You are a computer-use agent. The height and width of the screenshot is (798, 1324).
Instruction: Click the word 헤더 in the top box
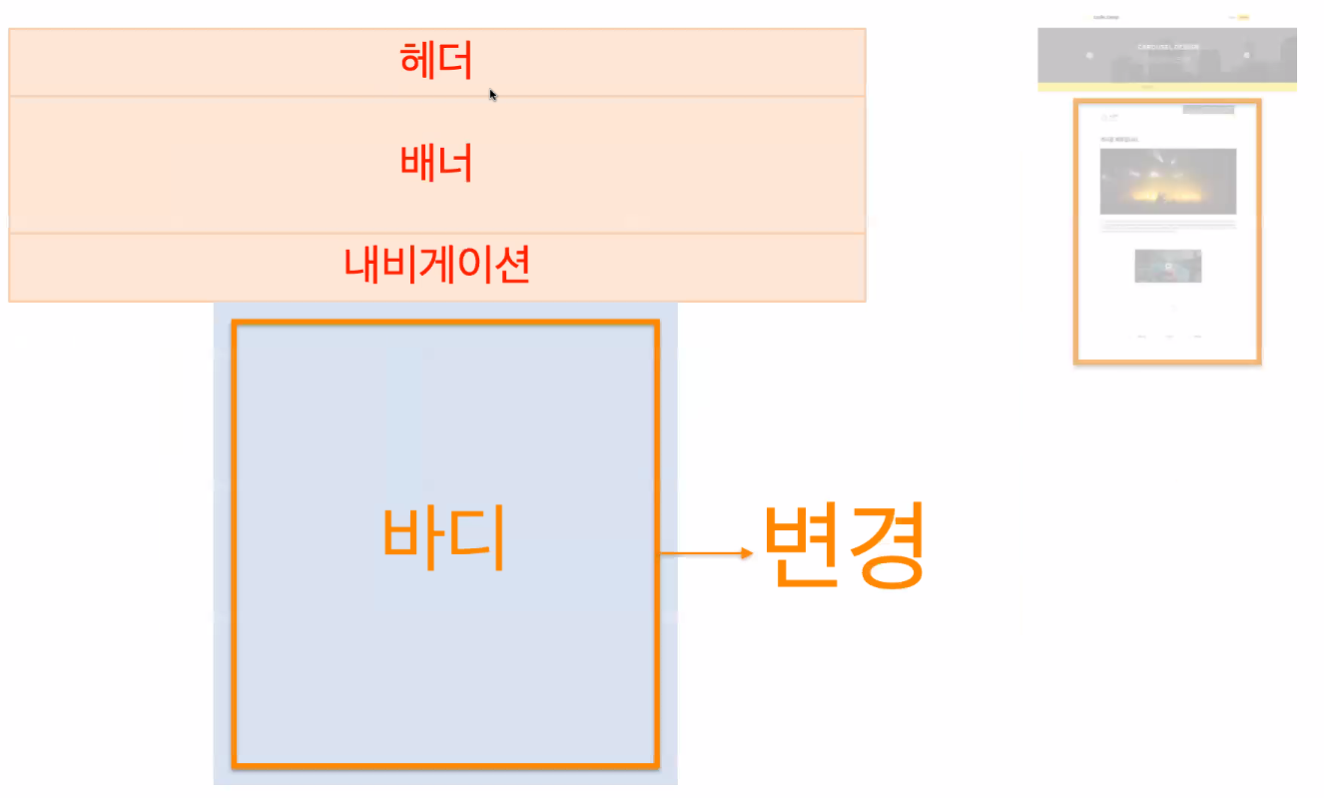click(436, 61)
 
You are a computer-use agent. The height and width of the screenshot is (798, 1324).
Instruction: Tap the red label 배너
click(436, 162)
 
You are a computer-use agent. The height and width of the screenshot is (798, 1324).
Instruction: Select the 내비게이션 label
click(436, 265)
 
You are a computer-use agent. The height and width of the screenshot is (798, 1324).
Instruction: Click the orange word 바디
click(443, 538)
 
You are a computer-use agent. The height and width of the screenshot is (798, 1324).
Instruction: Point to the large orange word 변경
click(845, 545)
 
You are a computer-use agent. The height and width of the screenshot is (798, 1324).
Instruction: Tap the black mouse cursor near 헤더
click(492, 94)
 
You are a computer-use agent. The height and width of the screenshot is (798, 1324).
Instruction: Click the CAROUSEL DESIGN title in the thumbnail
click(1167, 47)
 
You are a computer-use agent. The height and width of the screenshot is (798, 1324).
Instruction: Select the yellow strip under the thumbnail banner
click(1166, 87)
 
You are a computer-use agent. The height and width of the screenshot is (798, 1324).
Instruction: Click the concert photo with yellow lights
click(1167, 181)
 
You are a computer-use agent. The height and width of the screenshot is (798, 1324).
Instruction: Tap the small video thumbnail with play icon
click(1167, 266)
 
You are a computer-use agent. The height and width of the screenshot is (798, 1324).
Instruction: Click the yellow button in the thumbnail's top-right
click(1243, 17)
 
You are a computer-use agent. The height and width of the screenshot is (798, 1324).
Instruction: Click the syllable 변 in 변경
click(804, 545)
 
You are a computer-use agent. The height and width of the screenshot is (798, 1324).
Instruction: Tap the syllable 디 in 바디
click(479, 538)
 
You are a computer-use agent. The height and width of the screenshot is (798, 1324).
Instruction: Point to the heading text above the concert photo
click(1118, 139)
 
